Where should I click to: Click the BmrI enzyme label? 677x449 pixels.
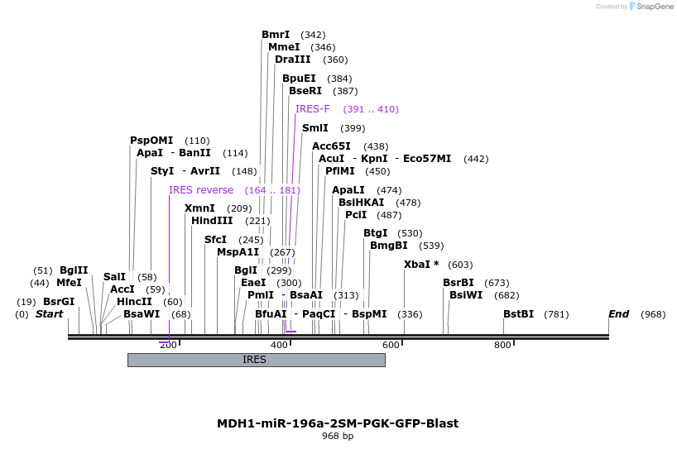(276, 35)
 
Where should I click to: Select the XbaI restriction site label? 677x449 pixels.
(418, 265)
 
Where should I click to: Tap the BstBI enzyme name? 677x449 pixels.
(518, 314)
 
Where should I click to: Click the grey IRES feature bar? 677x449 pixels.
(256, 360)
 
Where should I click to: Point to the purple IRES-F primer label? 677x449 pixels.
(312, 109)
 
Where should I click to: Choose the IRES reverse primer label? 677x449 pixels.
(201, 190)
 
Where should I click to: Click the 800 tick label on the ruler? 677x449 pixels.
(502, 345)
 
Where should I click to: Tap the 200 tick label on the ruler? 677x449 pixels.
(168, 345)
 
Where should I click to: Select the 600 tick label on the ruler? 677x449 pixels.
(391, 345)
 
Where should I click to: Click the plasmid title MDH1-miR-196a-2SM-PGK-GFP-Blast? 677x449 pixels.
(338, 423)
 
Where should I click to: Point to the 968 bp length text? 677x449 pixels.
(338, 436)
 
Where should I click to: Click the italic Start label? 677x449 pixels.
(49, 314)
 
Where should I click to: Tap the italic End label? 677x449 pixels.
(618, 314)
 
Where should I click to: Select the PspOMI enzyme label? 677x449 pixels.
(151, 141)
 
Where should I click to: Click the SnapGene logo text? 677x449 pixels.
(655, 7)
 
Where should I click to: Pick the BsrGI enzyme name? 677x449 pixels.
(59, 302)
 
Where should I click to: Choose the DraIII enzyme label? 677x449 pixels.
(293, 60)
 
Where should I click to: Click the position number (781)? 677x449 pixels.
(557, 314)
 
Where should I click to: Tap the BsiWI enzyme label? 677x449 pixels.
(466, 295)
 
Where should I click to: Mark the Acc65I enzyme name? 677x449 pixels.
(331, 146)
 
